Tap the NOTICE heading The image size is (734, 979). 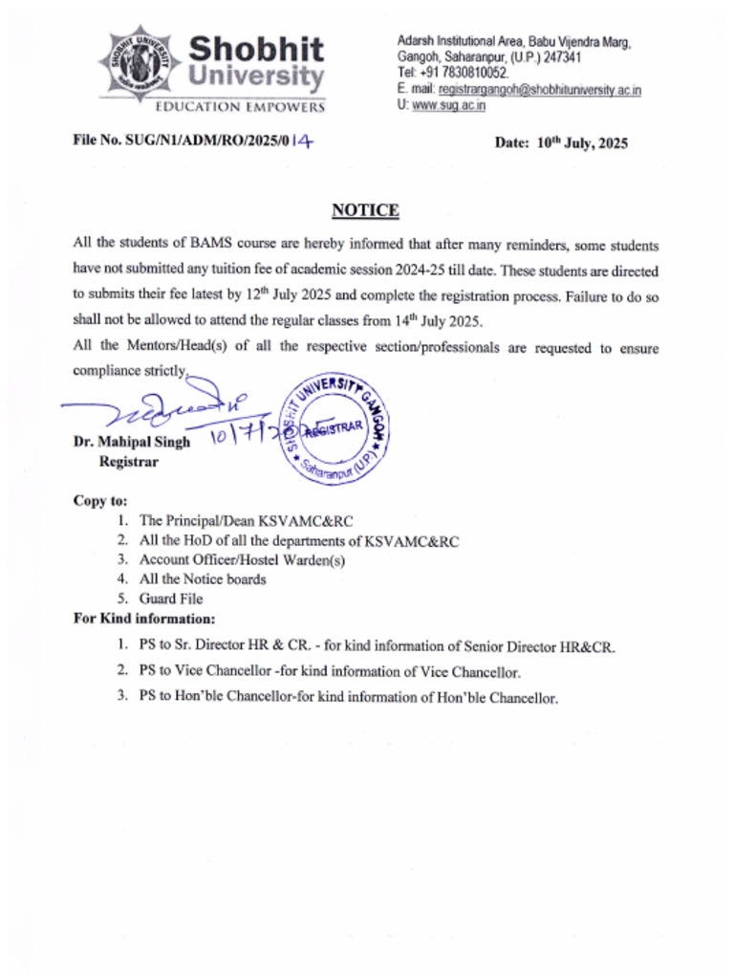coord(365,210)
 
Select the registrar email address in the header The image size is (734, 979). coord(539,90)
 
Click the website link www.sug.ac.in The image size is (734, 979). coord(448,105)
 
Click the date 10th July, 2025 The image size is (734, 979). coord(561,143)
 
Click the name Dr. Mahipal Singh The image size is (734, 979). coord(131,442)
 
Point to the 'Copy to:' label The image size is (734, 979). coord(100,500)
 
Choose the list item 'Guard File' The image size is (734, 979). coord(171,598)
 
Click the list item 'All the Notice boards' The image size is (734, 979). coord(203,578)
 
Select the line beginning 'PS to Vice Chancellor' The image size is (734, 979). coord(329,672)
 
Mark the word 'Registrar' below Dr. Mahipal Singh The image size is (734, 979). coord(129,462)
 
